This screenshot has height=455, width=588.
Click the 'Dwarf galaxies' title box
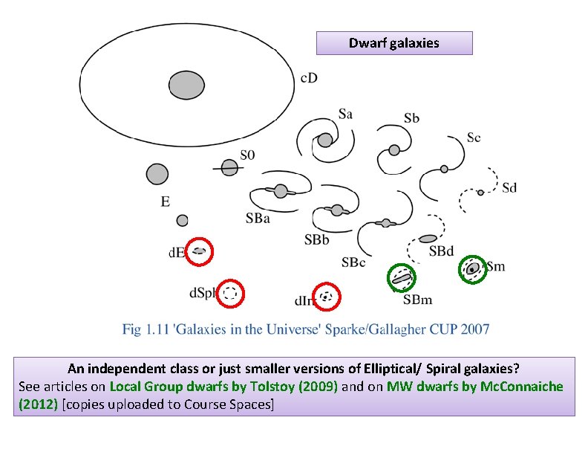[x=394, y=43]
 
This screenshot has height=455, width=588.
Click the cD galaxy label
[x=309, y=77]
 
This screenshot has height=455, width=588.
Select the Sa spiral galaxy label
[x=345, y=114]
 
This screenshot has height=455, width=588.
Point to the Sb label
[x=412, y=118]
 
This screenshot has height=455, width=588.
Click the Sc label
[x=474, y=138]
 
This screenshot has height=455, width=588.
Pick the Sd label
[x=509, y=187]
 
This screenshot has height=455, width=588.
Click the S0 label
[x=247, y=155]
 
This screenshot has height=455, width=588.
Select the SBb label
[x=317, y=239]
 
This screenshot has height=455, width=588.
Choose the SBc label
[x=353, y=262]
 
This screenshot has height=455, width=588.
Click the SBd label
[x=441, y=251]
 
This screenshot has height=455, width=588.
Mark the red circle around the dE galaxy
[x=199, y=251]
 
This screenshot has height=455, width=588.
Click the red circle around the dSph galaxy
[x=230, y=293]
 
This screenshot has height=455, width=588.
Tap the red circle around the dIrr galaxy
[x=327, y=297]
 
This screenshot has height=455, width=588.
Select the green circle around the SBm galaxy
[x=402, y=278]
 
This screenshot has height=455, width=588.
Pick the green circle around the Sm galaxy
[x=472, y=269]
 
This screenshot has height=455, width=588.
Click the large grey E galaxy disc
[x=157, y=174]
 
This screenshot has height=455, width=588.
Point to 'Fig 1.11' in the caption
[x=142, y=329]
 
